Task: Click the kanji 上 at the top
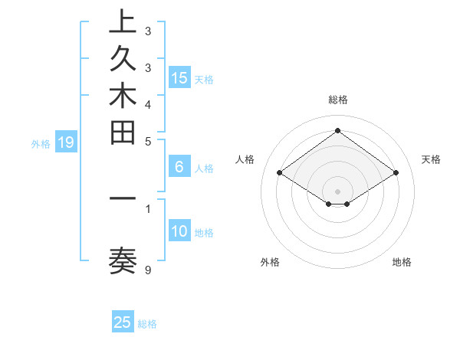click(x=123, y=21)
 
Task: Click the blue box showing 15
click(x=179, y=77)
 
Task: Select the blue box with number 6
click(x=179, y=166)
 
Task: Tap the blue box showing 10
click(x=179, y=231)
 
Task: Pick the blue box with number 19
click(x=66, y=142)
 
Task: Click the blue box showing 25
click(x=123, y=322)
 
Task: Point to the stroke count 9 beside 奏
click(x=148, y=270)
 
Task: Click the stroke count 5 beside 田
click(x=148, y=141)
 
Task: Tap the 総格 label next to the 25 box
click(x=147, y=324)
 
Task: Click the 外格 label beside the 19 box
click(x=41, y=143)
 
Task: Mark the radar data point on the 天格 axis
click(x=396, y=173)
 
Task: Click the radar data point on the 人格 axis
click(x=280, y=173)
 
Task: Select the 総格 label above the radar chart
click(x=338, y=100)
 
